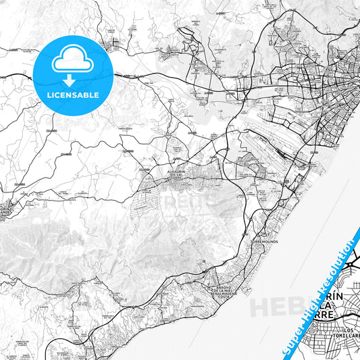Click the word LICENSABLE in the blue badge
point(72,95)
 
